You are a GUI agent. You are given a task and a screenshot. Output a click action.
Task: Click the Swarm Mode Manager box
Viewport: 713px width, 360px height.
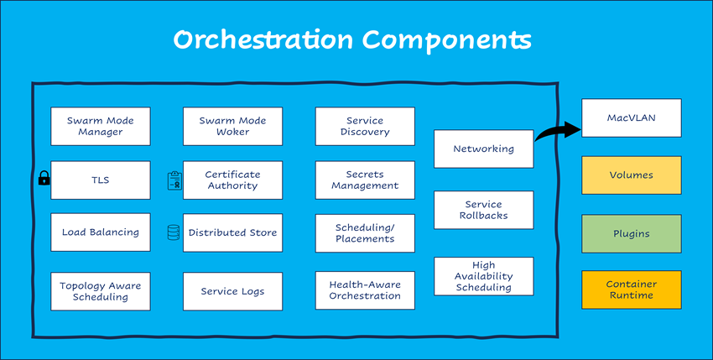point(101,126)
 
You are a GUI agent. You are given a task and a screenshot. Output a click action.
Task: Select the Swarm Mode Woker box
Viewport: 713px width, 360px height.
point(232,126)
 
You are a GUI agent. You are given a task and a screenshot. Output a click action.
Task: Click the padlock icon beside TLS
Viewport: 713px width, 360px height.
point(44,178)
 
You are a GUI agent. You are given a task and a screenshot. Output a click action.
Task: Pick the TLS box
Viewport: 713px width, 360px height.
point(101,180)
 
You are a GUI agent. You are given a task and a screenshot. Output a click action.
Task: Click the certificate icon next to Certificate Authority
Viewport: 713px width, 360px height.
point(174,180)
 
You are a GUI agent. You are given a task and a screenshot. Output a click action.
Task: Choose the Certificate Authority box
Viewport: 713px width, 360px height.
point(232,180)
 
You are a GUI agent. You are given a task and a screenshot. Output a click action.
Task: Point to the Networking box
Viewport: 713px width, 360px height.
point(483,149)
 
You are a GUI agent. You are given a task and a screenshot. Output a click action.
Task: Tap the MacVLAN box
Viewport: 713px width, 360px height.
point(631,118)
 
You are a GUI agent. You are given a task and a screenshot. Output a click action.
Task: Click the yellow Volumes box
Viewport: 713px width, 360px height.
point(631,175)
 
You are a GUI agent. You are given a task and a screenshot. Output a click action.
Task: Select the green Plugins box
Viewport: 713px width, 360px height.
point(631,233)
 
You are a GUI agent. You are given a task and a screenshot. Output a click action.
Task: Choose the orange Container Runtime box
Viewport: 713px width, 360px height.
point(631,290)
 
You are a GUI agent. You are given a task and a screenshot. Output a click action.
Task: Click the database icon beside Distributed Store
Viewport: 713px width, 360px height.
point(174,232)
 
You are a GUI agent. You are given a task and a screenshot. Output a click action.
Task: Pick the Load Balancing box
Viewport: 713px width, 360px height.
point(101,232)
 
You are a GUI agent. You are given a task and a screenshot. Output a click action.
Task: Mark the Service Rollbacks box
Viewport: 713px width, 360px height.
point(483,210)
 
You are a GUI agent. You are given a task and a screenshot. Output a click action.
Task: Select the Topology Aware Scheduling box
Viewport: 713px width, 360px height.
point(101,291)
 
